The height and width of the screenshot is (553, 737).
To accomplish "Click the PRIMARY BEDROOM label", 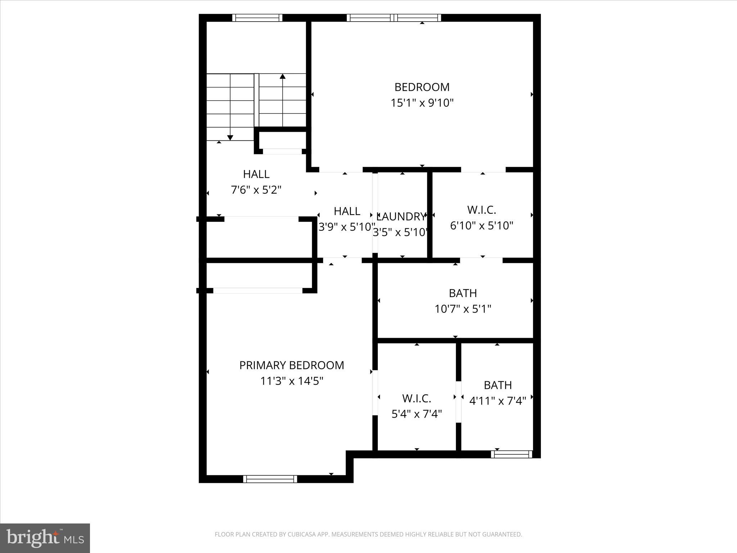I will [x=291, y=365].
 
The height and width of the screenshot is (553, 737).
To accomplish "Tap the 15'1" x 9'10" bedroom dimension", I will [x=422, y=103].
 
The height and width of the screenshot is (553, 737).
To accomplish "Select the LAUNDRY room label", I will [x=401, y=216].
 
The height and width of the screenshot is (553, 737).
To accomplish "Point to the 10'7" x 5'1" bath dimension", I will [x=463, y=309].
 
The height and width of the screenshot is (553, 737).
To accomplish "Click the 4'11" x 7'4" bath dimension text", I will [x=498, y=401].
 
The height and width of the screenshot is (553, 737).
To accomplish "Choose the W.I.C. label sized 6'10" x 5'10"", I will [x=481, y=210].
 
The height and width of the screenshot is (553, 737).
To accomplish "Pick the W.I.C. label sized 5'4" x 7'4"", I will [x=417, y=399].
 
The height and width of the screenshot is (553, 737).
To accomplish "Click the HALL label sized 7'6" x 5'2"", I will [x=256, y=174].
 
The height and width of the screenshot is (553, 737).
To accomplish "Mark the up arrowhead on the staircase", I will [x=282, y=76].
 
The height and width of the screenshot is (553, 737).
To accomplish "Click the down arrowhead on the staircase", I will [x=230, y=138].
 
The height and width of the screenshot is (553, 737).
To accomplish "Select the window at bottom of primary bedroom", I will [x=270, y=479].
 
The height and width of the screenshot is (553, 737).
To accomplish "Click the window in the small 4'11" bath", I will [x=511, y=454].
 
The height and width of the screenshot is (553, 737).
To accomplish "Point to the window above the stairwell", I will [x=257, y=18].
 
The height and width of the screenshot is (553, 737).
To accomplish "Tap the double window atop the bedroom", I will [x=394, y=18].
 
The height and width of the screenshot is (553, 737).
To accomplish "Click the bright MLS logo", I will [x=45, y=538].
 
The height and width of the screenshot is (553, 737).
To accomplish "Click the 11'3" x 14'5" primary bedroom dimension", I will [x=292, y=381].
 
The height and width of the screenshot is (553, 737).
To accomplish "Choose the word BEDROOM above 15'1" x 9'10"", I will [x=422, y=87].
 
